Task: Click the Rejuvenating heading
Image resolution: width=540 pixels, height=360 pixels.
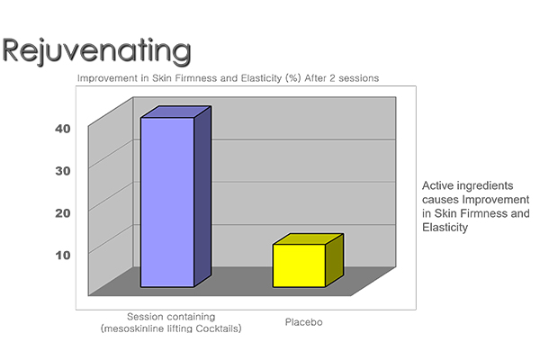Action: click(96, 51)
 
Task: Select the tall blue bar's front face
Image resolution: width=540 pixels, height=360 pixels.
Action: click(167, 202)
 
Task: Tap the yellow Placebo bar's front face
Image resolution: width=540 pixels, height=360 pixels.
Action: click(300, 265)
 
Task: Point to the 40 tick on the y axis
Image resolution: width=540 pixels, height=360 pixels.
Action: click(63, 129)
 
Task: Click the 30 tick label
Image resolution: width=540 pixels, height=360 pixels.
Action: click(63, 171)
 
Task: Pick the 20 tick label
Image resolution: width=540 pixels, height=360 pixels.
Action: click(63, 213)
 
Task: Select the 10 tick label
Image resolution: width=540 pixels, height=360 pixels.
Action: click(63, 256)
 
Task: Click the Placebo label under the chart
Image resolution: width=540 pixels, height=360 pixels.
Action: click(304, 322)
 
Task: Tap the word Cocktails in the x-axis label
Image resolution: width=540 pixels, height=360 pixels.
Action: click(219, 328)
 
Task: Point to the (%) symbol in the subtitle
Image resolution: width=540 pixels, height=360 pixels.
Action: click(293, 78)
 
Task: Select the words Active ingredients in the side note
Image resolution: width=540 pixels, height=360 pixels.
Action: click(468, 185)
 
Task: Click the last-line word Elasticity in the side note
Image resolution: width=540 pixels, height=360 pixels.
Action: click(445, 228)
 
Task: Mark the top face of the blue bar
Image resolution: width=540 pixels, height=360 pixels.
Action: click(175, 112)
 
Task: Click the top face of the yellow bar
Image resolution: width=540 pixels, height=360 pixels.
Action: click(308, 239)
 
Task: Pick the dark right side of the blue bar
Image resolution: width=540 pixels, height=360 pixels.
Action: click(202, 196)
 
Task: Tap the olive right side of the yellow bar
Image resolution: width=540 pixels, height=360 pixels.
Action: click(335, 260)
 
